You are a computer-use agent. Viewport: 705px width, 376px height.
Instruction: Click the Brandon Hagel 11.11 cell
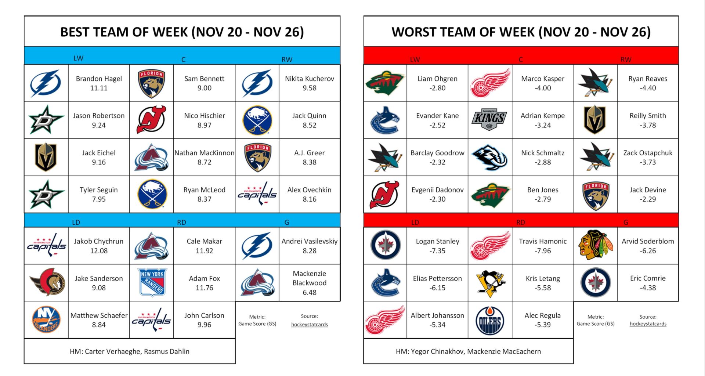(99, 83)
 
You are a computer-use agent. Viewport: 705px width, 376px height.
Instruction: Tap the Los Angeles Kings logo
(489, 120)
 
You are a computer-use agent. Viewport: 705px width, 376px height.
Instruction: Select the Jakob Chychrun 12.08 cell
(99, 246)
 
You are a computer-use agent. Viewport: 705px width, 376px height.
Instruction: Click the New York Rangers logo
(152, 283)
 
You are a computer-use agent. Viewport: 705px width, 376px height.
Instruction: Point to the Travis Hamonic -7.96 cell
(542, 246)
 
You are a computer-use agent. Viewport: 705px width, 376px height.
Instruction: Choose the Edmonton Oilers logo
(490, 320)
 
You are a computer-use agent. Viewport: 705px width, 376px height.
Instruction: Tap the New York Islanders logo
(46, 320)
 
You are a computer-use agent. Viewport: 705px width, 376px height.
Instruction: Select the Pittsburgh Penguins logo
(490, 283)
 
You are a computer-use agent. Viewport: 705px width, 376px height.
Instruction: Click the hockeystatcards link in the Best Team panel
(309, 325)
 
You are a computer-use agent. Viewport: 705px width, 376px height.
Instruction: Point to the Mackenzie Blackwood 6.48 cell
(309, 283)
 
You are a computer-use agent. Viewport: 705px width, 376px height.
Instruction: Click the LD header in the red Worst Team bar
(415, 222)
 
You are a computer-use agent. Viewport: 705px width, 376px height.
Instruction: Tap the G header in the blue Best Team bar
(286, 222)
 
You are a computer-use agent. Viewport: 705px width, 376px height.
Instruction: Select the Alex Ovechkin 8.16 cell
(309, 195)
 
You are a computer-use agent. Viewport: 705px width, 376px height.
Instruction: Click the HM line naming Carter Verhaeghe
(130, 351)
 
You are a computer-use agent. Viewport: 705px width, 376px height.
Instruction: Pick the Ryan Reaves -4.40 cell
(647, 83)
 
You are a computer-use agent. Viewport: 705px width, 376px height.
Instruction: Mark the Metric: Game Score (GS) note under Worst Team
(595, 320)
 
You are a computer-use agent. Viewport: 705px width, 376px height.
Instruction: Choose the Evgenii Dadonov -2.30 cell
(437, 195)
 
